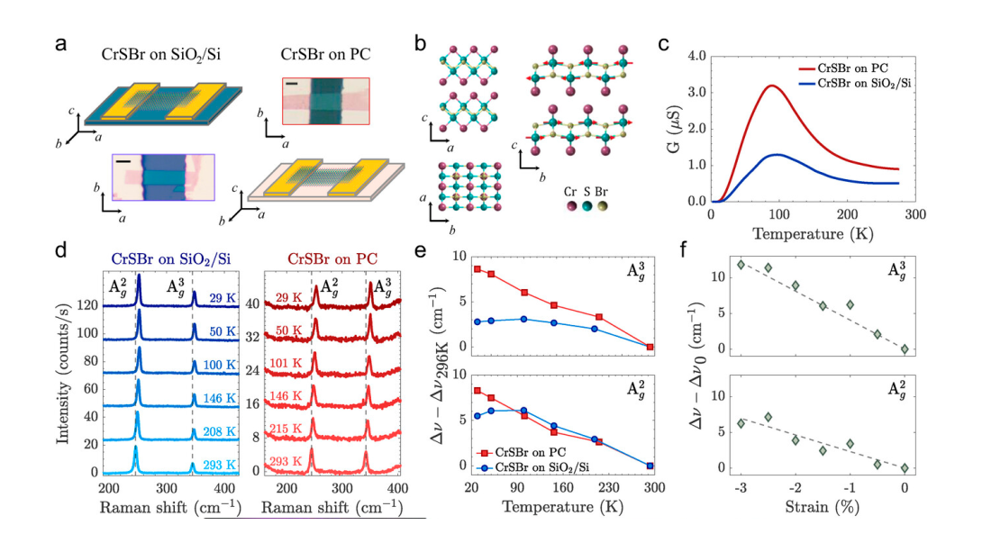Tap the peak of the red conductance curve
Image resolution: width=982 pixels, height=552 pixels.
click(772, 86)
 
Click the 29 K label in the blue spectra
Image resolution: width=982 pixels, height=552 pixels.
click(219, 298)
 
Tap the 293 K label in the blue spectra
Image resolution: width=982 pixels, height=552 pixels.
click(219, 465)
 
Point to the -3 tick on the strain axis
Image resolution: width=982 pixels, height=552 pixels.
click(739, 487)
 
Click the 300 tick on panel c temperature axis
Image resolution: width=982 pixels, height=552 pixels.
click(914, 216)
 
